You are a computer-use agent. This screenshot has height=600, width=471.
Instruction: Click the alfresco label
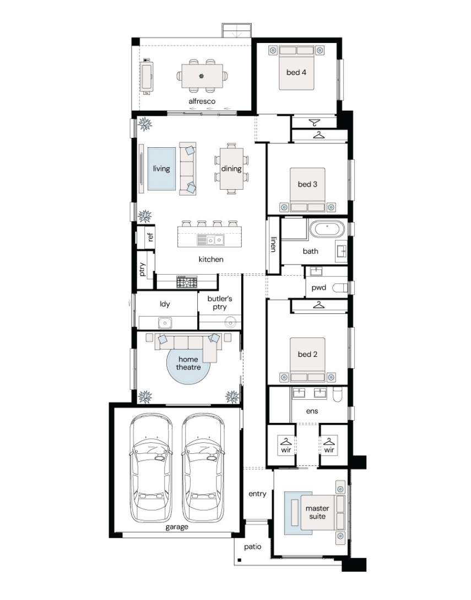tap(202, 101)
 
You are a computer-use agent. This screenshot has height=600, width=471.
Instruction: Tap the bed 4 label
tap(296, 72)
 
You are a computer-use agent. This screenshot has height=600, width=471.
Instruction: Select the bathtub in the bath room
tap(327, 229)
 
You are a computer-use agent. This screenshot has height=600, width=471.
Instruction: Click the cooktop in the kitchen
tap(187, 282)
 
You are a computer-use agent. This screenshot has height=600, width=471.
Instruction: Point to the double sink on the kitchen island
tap(210, 240)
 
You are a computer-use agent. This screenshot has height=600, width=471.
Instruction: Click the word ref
tap(150, 237)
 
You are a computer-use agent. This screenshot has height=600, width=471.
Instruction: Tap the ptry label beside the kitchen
tap(142, 269)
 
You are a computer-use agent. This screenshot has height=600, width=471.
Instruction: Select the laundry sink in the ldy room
tap(165, 323)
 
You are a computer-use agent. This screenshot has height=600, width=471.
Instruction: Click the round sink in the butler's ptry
tap(230, 322)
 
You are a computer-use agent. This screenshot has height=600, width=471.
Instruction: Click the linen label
tap(273, 244)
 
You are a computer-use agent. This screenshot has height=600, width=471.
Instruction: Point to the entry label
tap(257, 494)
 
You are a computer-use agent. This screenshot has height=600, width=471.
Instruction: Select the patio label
tap(253, 547)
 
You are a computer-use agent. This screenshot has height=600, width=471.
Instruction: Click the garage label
tap(177, 527)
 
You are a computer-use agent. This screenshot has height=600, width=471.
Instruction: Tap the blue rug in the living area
tap(162, 169)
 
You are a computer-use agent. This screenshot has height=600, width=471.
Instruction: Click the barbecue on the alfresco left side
tap(147, 77)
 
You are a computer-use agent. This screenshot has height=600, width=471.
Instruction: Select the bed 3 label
tap(307, 184)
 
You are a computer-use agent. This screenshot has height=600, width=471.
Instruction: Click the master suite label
tap(317, 512)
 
